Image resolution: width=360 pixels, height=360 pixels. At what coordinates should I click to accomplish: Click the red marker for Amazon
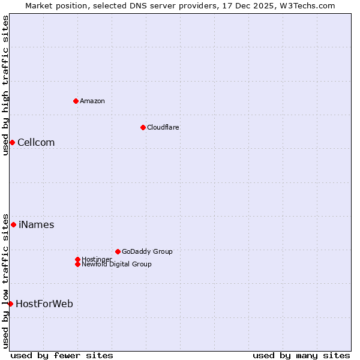tap(76, 101)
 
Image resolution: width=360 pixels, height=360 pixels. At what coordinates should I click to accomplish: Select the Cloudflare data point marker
tap(143, 127)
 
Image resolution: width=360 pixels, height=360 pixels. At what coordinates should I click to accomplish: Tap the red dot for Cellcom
tap(12, 142)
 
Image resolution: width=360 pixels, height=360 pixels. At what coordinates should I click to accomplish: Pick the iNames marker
tap(13, 224)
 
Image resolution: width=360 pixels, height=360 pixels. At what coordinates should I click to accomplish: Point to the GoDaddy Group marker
tap(118, 251)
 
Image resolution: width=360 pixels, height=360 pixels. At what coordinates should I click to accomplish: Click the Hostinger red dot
tap(77, 259)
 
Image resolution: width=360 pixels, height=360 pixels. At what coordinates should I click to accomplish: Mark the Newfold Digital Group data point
tap(77, 264)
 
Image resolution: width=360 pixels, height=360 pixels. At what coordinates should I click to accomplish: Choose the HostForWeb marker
tap(10, 304)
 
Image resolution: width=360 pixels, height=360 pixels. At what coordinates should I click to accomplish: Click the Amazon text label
tap(92, 101)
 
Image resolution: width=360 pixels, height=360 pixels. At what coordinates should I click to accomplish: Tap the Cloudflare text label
tap(163, 127)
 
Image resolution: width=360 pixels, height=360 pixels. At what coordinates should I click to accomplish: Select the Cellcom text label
tap(36, 142)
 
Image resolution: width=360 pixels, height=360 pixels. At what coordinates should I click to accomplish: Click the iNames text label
tap(36, 224)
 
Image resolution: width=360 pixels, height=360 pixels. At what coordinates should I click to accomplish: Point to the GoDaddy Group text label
tap(147, 251)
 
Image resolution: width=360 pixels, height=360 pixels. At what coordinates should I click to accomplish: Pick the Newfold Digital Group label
tap(116, 264)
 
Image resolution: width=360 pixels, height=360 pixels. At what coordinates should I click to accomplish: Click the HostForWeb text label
tap(44, 304)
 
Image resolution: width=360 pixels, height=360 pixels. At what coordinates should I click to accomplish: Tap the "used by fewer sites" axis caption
tap(62, 355)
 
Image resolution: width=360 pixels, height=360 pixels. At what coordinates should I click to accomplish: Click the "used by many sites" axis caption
tap(301, 355)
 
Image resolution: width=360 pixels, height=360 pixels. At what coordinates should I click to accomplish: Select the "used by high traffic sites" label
tap(5, 85)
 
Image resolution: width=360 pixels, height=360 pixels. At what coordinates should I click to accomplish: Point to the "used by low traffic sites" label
tap(5, 280)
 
